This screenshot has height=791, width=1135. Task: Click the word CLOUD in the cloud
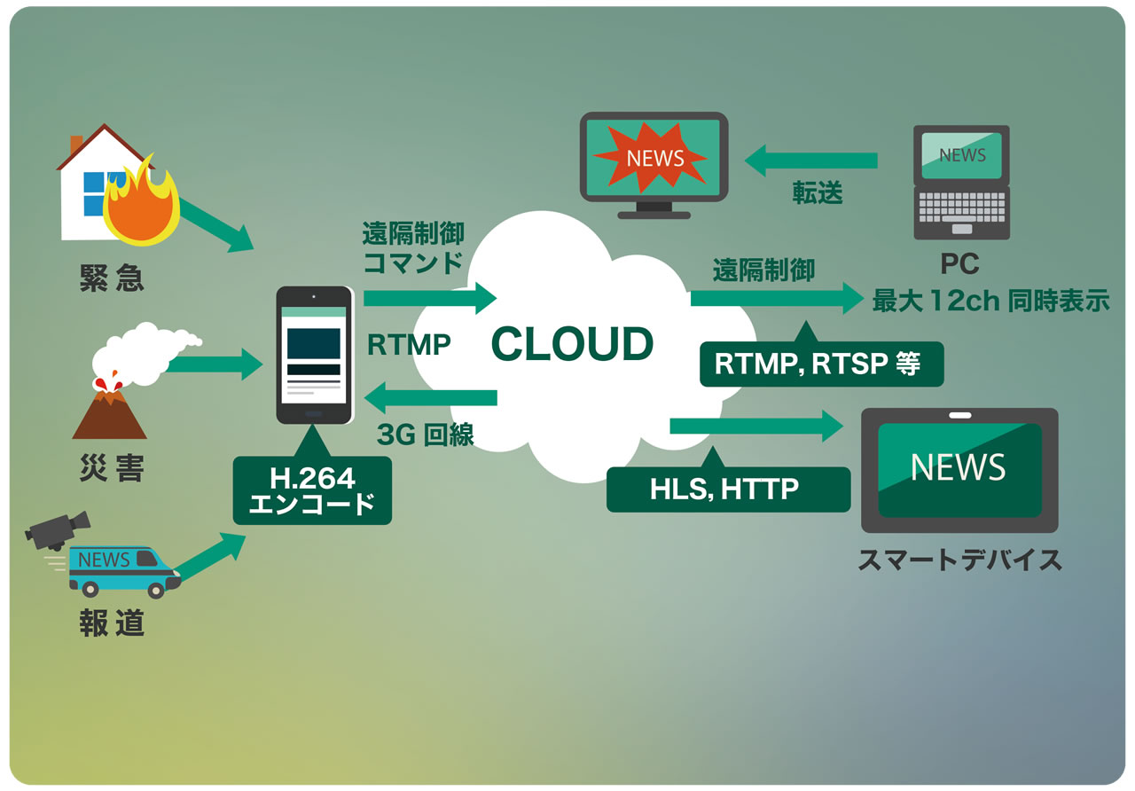point(572,344)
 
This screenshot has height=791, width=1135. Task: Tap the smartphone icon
point(313,355)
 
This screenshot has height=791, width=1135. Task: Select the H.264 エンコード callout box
point(312,491)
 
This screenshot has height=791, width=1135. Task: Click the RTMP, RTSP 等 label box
point(820,364)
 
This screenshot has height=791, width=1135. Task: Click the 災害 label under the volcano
point(112,469)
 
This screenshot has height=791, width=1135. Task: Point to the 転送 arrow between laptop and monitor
point(810,161)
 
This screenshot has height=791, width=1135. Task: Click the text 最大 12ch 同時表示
point(990,301)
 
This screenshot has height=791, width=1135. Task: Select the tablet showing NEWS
point(959,469)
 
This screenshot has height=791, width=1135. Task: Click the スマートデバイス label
point(959,560)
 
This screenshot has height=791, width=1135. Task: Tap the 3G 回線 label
point(425,435)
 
